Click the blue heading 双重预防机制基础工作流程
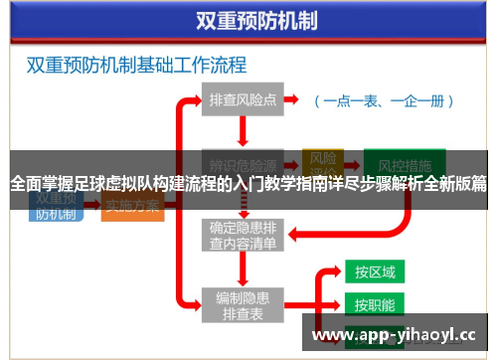click(136, 67)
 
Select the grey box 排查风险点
click(242, 99)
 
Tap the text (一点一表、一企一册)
click(383, 100)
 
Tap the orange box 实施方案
click(132, 207)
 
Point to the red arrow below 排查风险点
click(243, 130)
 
